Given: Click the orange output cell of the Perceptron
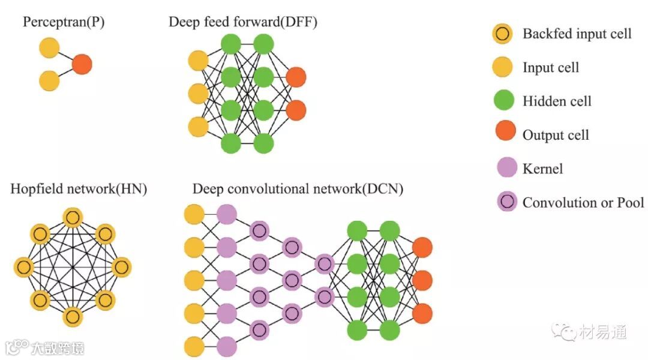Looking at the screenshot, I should pos(82,64).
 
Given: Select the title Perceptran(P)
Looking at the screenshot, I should pos(64,23).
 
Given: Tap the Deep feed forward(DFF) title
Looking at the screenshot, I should pos(243,23).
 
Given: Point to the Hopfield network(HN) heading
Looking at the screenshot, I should pos(79,189).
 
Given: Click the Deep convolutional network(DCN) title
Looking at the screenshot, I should pos(298,189).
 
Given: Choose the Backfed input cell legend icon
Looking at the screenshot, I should pos(503,34).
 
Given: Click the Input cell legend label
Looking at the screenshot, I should pos(550,67).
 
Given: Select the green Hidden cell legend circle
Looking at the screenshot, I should pos(503,101).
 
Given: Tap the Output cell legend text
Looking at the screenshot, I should pos(556,134).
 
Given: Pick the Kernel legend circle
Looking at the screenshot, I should pos(503,168).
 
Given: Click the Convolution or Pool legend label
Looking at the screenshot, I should pos(583,202).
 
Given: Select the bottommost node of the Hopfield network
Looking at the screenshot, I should pos(73,316).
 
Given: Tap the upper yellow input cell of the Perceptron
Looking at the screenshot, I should pos(49,48).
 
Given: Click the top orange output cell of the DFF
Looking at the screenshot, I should pos(296,77).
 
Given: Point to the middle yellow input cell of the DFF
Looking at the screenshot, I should pos(198,94).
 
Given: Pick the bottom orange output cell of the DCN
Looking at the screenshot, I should pos(422,313).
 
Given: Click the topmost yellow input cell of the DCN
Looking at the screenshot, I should pos(194,214).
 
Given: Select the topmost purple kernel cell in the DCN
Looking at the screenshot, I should pos(227,214).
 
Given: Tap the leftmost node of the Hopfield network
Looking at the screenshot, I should pos(23,266).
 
